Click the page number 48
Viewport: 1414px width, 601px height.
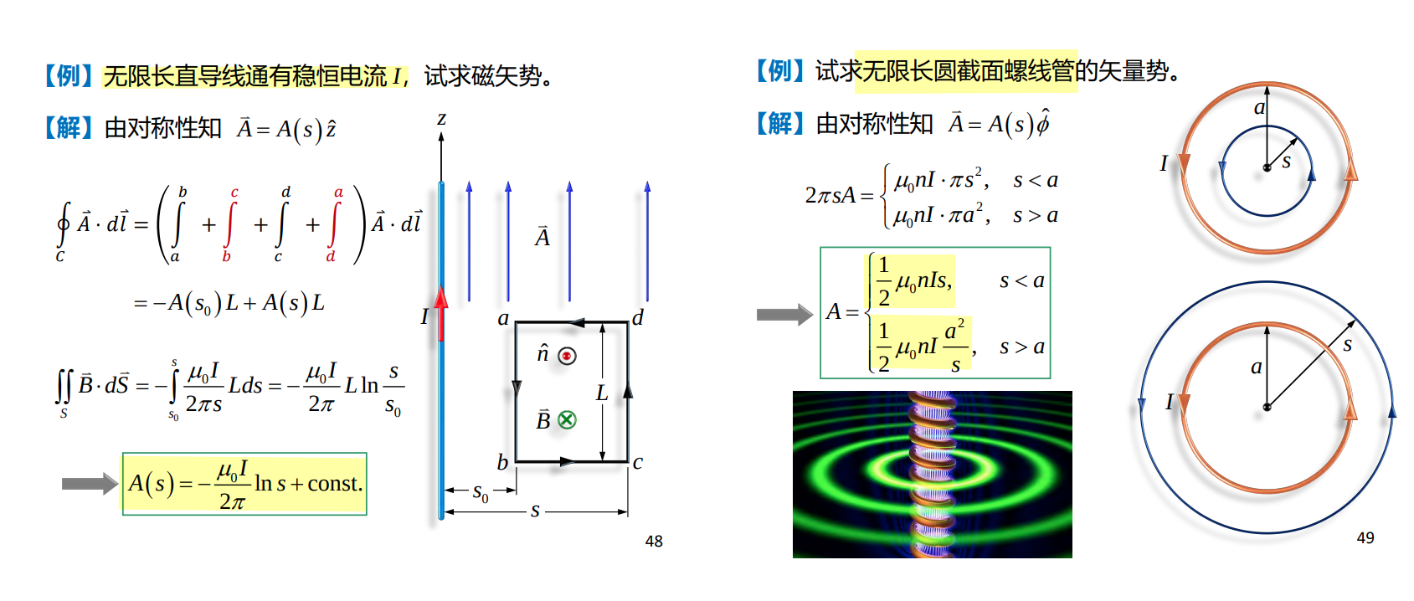tap(654, 542)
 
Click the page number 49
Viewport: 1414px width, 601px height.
tap(1365, 538)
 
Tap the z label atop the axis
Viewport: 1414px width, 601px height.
tap(441, 119)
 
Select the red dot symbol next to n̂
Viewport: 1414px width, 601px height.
tap(568, 356)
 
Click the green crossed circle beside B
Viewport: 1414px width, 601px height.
tap(568, 420)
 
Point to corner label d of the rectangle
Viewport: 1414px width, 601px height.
tap(638, 317)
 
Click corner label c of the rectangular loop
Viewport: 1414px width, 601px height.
tap(638, 463)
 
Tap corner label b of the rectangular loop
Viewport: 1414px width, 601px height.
tap(502, 463)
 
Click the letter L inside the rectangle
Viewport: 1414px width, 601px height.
tap(601, 393)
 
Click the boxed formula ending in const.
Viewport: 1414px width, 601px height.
tap(244, 484)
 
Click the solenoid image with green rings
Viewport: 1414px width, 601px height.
tap(932, 475)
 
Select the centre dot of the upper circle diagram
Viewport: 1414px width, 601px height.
tap(1267, 168)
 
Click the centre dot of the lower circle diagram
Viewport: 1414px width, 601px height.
tap(1267, 408)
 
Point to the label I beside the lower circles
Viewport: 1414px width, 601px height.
tap(1169, 403)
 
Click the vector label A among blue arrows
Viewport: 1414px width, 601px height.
tap(542, 238)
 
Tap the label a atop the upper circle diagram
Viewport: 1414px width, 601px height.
tap(1259, 107)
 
